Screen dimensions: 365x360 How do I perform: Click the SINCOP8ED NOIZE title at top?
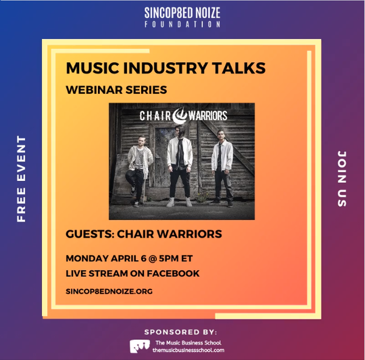[x=182, y=13]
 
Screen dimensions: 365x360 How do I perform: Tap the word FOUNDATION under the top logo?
[x=182, y=24]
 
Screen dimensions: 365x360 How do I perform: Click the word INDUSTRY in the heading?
[x=165, y=68]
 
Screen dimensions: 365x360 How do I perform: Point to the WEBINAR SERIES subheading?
[x=116, y=90]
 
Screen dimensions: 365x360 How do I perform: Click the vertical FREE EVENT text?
[x=21, y=178]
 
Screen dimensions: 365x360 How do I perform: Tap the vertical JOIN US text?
[x=342, y=178]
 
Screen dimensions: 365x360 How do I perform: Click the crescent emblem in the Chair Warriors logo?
[x=179, y=115]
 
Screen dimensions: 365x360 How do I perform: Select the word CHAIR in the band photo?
[x=155, y=116]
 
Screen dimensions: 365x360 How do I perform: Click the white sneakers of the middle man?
[x=179, y=202]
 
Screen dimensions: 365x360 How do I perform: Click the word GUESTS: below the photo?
[x=90, y=234]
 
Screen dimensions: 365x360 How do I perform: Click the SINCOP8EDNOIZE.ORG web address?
[x=109, y=291]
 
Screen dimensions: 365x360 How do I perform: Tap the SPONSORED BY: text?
[x=181, y=332]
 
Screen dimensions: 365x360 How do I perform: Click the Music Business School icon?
[x=140, y=346]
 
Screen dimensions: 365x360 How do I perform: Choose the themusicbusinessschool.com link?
[x=189, y=350]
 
